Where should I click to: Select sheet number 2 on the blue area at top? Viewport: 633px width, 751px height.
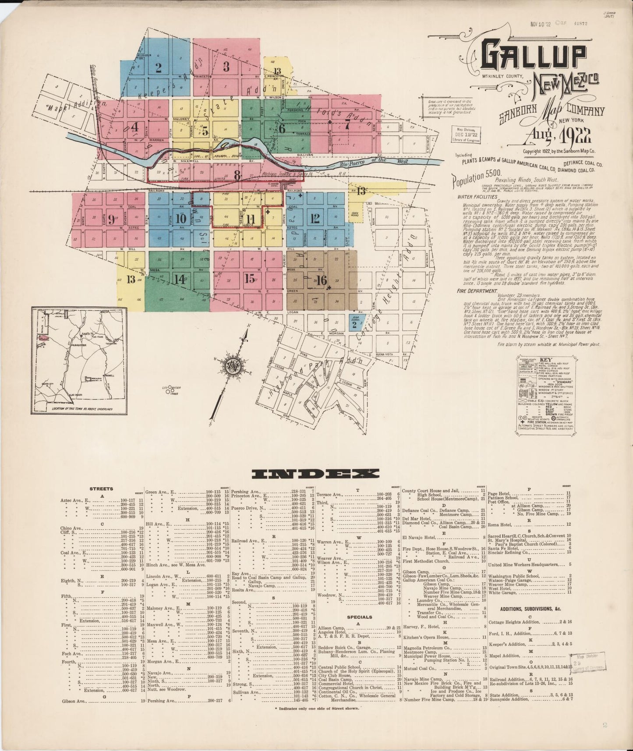click(158, 67)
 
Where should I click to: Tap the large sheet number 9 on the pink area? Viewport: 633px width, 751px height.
click(111, 219)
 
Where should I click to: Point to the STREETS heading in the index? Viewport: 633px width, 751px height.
click(102, 489)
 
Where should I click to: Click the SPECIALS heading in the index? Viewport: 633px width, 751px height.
click(359, 617)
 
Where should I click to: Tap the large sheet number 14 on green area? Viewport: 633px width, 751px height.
click(180, 279)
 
